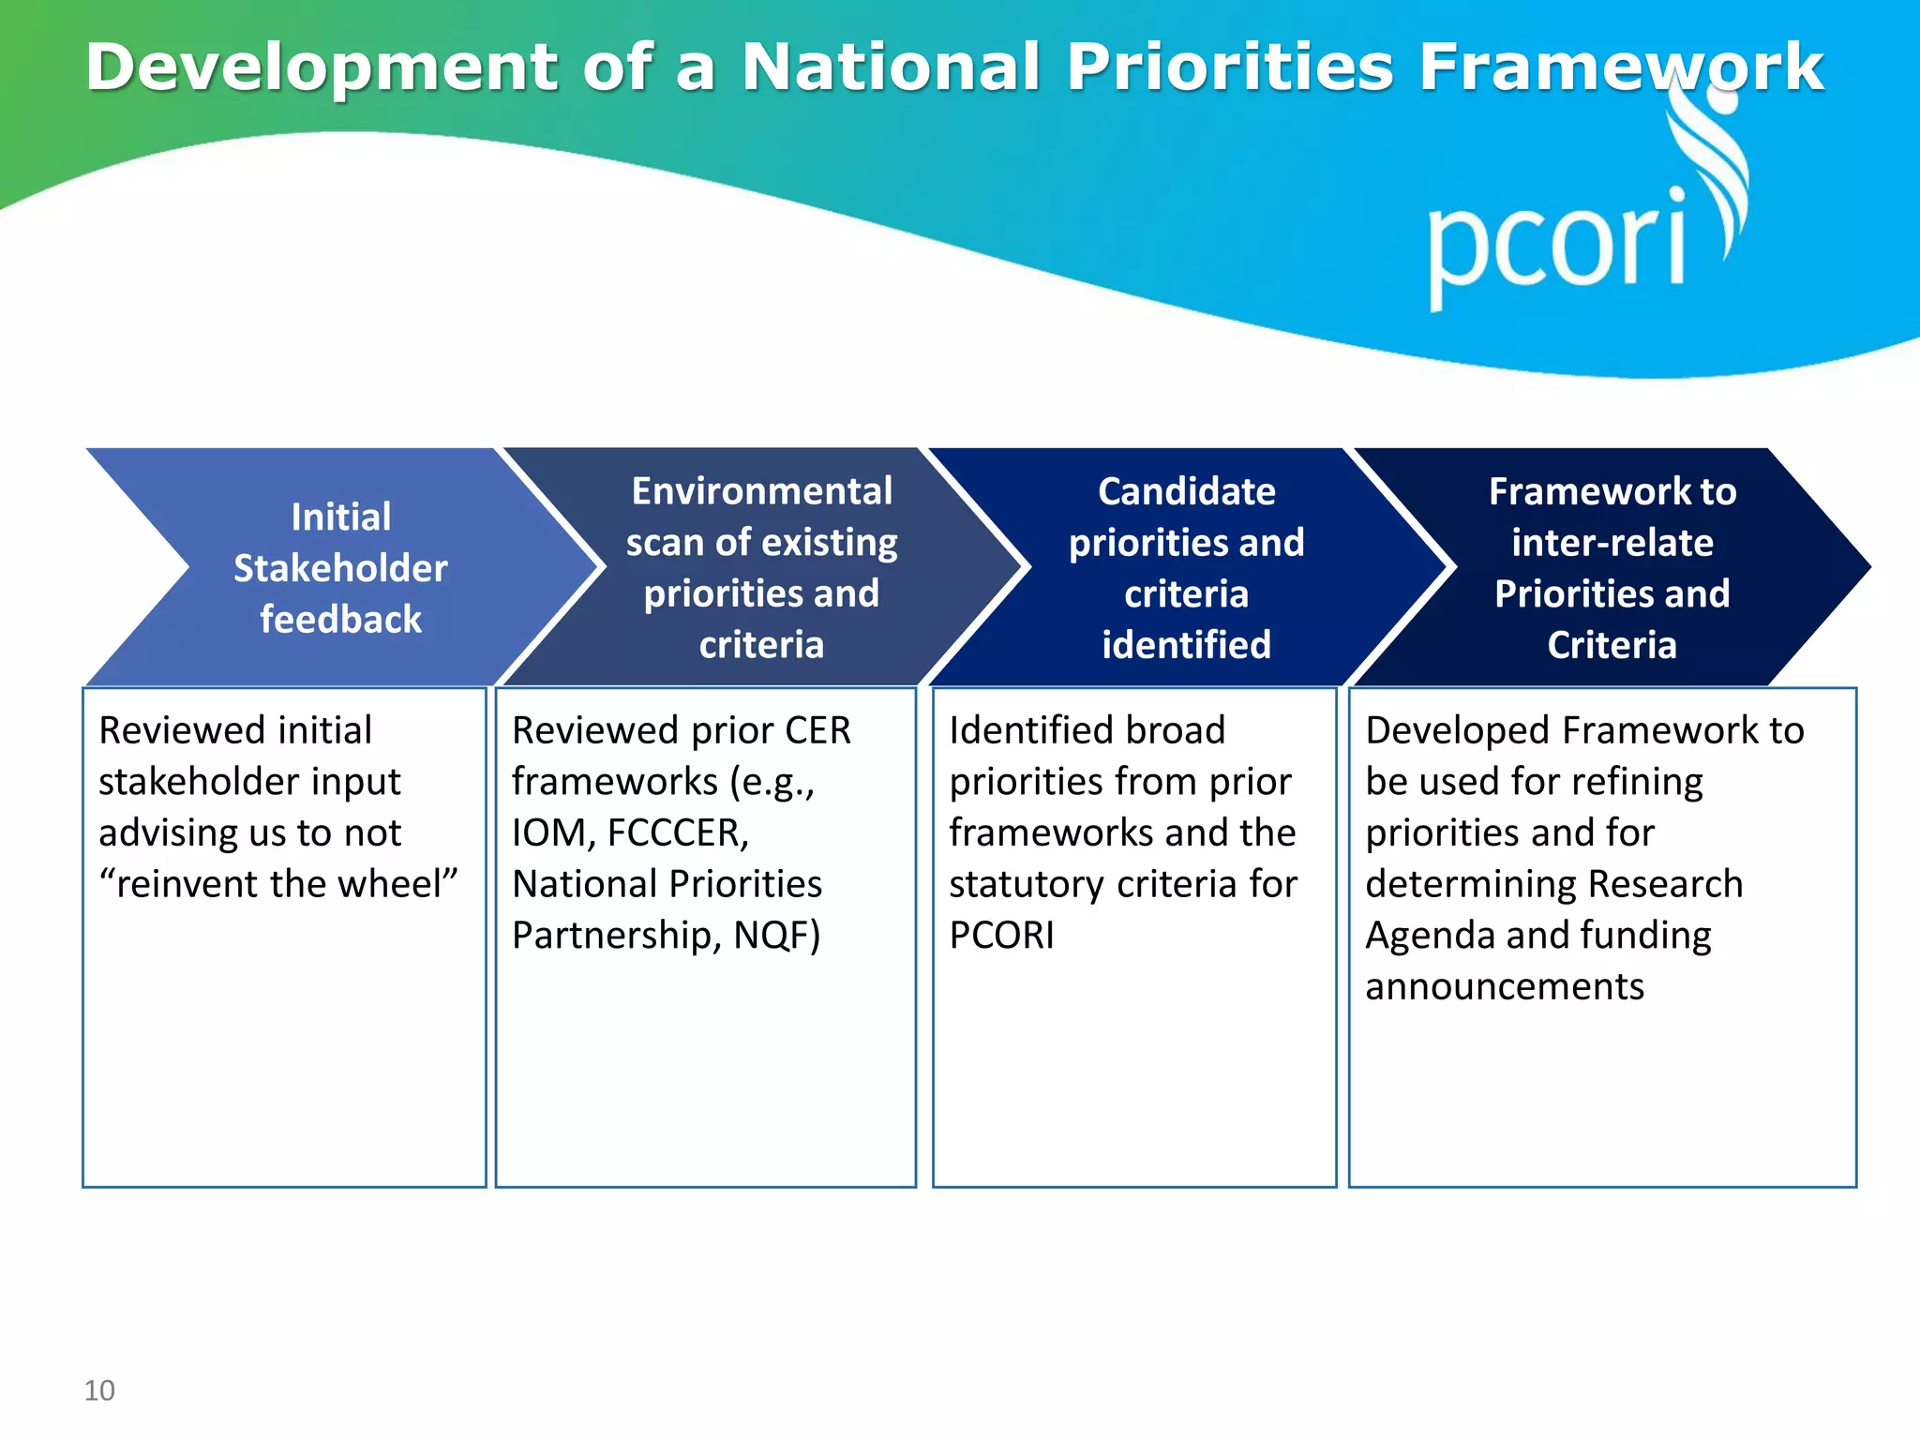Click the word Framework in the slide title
[1620, 67]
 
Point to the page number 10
[99, 1390]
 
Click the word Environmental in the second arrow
[761, 491]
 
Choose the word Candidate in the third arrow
[1186, 491]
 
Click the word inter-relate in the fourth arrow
[1612, 543]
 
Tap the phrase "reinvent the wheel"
[278, 884]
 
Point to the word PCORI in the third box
[1001, 936]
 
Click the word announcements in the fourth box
[1504, 987]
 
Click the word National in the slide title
[891, 67]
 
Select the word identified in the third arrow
[1186, 645]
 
